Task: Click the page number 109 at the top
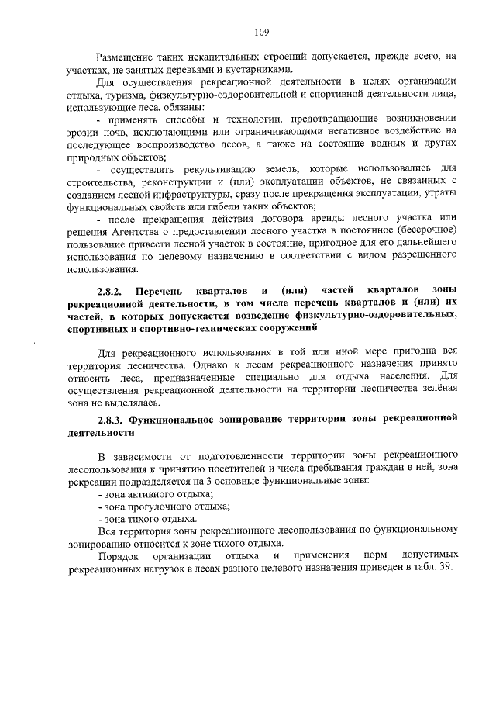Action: tap(260, 32)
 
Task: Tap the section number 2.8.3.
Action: tap(112, 420)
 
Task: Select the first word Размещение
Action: tap(126, 57)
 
